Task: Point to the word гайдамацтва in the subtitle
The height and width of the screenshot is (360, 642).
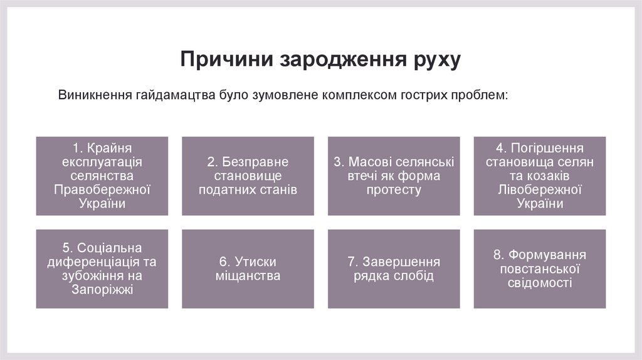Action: pos(172,95)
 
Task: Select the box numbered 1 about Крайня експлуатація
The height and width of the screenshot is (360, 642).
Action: pos(102,176)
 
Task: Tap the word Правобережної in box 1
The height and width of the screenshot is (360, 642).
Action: pos(102,189)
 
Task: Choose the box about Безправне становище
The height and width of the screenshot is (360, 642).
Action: pos(248,176)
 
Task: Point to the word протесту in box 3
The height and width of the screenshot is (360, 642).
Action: pos(394,189)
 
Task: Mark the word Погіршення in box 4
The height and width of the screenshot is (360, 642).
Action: pos(548,148)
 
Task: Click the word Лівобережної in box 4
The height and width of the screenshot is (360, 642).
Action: pos(540,189)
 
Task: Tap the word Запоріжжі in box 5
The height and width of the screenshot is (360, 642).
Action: pos(102,289)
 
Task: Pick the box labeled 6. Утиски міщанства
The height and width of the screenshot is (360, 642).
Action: pos(248,268)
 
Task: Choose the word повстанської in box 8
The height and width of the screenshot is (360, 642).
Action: pos(540,268)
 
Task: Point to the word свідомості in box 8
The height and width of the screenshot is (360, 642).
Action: pos(540,282)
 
